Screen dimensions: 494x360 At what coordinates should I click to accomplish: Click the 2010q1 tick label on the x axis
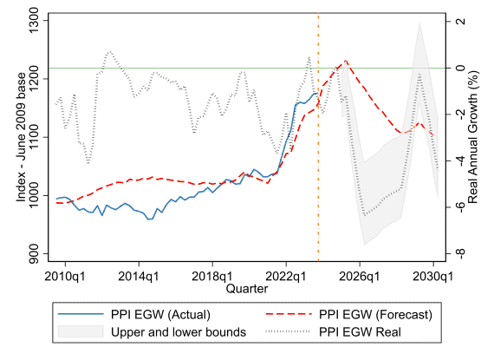click(65, 276)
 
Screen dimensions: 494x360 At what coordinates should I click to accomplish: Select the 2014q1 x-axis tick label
click(139, 276)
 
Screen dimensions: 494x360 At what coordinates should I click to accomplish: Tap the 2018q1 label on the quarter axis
click(212, 276)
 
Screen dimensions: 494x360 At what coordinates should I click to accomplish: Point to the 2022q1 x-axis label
click(286, 276)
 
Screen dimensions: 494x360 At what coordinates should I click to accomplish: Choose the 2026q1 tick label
click(360, 276)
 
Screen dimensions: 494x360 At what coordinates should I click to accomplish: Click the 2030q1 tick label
click(432, 276)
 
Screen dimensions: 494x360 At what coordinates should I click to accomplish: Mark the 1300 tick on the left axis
click(33, 21)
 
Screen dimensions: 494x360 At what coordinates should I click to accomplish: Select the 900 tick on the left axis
click(33, 254)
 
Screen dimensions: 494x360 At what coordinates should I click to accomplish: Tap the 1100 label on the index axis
click(33, 137)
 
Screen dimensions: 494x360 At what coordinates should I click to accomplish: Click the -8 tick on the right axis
click(460, 253)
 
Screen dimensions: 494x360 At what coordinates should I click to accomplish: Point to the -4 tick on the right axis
click(460, 160)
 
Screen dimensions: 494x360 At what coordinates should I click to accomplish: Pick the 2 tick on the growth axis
click(460, 21)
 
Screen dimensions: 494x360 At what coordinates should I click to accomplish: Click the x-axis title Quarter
click(247, 289)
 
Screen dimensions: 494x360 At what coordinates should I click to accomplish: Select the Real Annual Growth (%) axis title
click(473, 137)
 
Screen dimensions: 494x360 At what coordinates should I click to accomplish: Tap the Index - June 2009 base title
click(21, 137)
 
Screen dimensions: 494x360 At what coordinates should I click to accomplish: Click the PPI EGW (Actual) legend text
click(160, 315)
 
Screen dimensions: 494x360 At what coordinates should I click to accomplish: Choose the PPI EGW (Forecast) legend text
click(376, 315)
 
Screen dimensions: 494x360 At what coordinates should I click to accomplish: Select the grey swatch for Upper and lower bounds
click(81, 331)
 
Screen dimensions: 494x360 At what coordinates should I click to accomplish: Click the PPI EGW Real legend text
click(361, 332)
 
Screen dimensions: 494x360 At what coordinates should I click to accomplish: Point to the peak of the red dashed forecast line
click(346, 60)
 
